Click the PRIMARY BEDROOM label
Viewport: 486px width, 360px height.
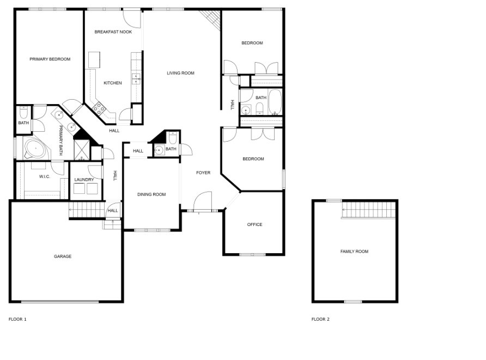50,59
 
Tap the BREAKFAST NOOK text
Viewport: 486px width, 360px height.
113,32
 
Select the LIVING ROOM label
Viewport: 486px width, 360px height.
180,73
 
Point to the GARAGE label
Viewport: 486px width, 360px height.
63,257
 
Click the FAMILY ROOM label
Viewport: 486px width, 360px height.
354,252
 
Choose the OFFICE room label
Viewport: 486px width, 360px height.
254,224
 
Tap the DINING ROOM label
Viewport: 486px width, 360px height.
151,194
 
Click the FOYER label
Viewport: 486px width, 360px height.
203,173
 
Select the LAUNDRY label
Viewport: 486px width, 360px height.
84,180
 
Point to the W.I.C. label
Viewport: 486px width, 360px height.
45,176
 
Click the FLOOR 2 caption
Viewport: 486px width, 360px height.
320,319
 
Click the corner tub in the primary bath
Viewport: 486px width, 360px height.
36,148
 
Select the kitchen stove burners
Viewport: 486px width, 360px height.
99,108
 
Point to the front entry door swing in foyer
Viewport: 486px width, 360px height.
202,201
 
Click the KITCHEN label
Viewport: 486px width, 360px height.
113,83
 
